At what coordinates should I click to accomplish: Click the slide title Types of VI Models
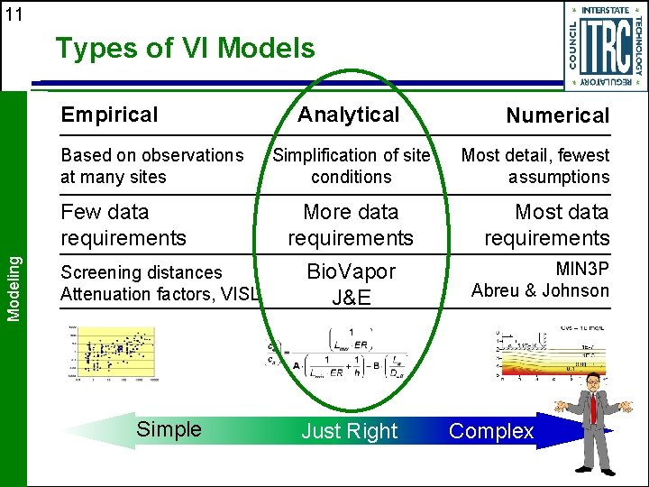click(x=185, y=48)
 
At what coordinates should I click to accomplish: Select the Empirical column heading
click(x=109, y=115)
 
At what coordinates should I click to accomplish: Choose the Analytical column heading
click(x=349, y=115)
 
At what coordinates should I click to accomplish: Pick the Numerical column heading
click(x=557, y=115)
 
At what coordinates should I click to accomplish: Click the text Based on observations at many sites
click(x=151, y=166)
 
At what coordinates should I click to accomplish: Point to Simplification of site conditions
click(x=351, y=166)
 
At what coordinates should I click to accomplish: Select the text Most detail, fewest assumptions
click(x=535, y=166)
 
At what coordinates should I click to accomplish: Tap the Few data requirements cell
click(x=123, y=225)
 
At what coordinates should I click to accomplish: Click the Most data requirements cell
click(x=547, y=225)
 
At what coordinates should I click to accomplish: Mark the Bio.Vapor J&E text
click(x=351, y=284)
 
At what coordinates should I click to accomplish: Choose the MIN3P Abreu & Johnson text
click(x=541, y=280)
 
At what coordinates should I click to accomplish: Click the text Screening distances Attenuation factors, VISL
click(x=160, y=283)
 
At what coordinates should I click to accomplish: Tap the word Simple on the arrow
click(x=169, y=429)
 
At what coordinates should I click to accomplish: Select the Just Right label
click(x=349, y=432)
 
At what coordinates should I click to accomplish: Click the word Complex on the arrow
click(x=491, y=431)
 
